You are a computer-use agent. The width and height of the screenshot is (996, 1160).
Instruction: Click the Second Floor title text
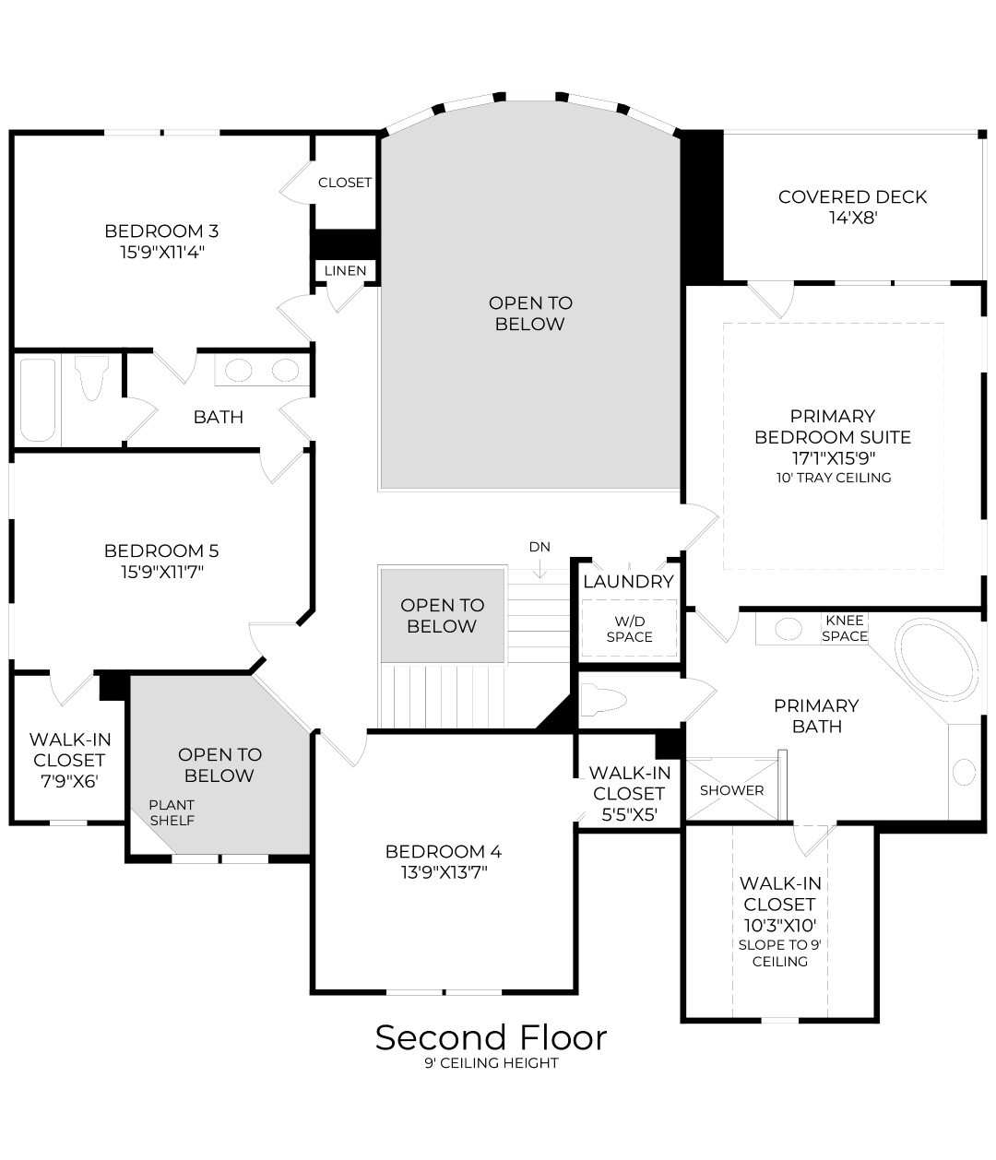point(491,1037)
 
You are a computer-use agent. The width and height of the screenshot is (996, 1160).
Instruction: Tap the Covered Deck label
point(852,196)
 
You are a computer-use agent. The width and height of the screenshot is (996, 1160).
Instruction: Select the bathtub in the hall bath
point(38,399)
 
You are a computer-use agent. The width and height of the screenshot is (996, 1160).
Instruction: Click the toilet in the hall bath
point(90,379)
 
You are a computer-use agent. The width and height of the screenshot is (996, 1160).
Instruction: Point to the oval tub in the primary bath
point(938,663)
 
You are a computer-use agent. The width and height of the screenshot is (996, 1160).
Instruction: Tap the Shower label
point(731,790)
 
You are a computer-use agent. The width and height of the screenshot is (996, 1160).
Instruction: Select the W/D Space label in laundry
point(629,629)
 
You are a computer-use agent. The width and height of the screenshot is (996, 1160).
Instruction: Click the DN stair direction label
point(539,547)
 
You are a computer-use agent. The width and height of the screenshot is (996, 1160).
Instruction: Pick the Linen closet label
point(346,271)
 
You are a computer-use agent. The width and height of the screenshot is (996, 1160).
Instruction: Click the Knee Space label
point(845,628)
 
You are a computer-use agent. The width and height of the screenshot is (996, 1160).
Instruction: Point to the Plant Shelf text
point(172,812)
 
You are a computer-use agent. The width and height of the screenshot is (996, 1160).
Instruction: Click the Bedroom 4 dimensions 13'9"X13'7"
point(443,871)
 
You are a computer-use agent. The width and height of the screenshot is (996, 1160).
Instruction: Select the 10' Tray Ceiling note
point(833,478)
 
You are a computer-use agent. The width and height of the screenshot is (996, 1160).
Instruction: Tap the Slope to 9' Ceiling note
point(779,953)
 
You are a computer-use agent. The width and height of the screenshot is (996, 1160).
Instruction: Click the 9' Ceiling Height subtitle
point(491,1063)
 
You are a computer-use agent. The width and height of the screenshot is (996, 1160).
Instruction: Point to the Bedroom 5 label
point(161,550)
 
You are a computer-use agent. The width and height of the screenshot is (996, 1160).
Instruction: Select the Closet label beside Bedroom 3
point(344,183)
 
